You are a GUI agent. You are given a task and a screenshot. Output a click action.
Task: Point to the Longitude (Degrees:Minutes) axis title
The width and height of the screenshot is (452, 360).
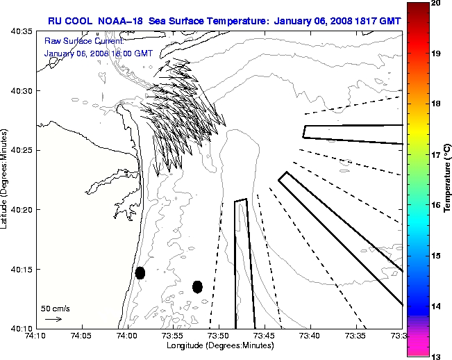[x=219, y=345]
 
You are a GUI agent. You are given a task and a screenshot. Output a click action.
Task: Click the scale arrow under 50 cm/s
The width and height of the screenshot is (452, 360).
[x=53, y=319]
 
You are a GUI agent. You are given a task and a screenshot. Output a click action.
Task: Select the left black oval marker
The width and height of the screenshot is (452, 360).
[x=140, y=273]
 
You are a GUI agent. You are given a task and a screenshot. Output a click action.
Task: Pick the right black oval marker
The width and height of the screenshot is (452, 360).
[x=197, y=286]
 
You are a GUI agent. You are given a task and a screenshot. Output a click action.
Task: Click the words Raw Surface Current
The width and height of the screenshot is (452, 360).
[x=76, y=42]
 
